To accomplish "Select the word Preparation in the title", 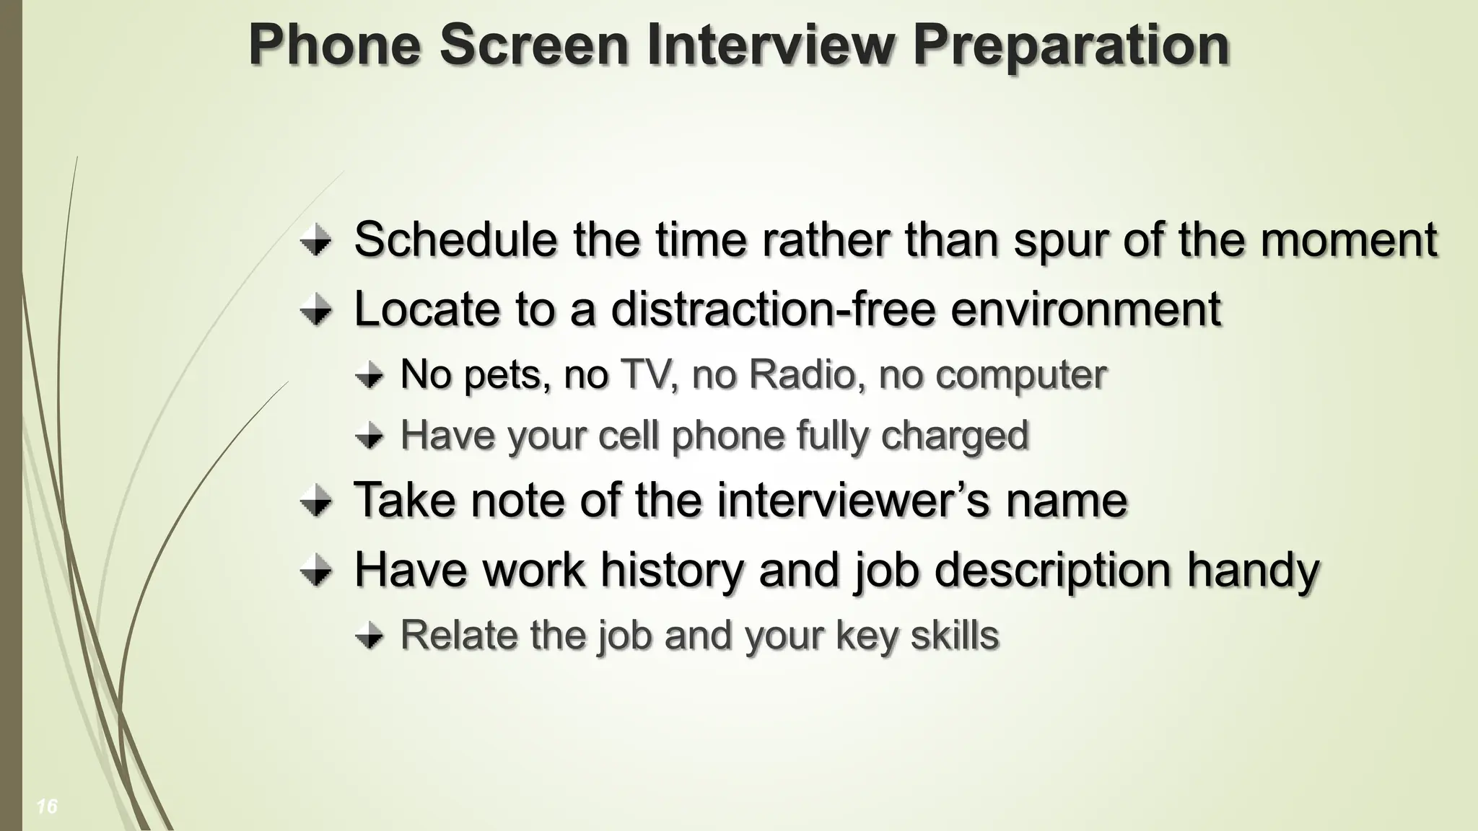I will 1071,46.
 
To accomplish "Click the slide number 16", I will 47,806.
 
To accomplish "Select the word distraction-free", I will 773,309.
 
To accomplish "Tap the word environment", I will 1085,309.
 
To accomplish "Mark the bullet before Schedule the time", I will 315,240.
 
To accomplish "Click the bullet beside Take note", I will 315,501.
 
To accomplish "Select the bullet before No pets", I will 369,375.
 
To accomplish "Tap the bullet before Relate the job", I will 369,636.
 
